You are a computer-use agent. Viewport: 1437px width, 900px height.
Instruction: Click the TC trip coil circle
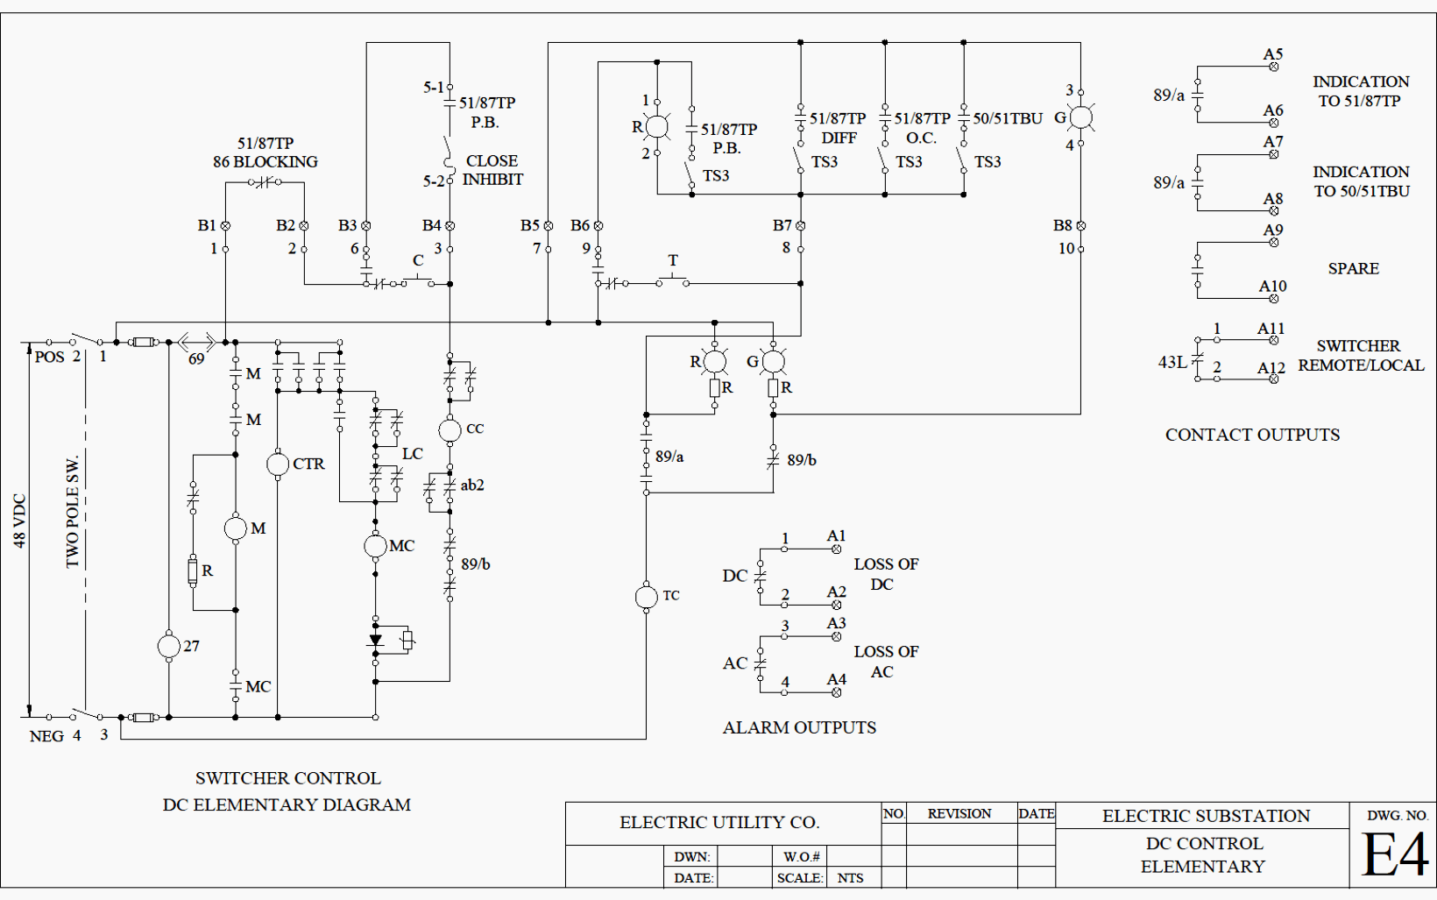646,597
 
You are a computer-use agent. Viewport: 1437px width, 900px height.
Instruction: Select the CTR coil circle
278,464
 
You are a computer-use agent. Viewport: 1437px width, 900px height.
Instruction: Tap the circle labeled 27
168,646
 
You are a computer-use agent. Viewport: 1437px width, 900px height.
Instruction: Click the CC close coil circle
450,430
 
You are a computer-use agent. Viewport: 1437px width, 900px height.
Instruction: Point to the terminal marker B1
225,225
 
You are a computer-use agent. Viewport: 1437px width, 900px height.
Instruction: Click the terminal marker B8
1080,225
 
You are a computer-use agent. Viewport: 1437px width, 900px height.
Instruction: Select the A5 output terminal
1274,67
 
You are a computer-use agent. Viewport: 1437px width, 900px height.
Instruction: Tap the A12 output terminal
1274,379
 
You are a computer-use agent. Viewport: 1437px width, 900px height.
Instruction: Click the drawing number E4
1394,855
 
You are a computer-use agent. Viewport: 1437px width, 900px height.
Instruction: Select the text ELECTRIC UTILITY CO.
719,823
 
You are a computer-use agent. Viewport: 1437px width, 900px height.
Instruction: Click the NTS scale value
850,878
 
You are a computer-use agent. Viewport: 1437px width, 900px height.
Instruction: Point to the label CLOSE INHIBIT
492,170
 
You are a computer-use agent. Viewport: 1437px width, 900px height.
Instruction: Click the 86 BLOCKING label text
265,162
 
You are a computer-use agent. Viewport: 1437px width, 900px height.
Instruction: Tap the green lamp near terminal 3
1080,117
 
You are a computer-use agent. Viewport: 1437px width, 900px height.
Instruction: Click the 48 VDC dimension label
20,521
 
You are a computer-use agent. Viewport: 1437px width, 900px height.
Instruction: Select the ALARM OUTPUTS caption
799,727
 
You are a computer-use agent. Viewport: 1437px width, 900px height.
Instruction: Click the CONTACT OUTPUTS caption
1252,435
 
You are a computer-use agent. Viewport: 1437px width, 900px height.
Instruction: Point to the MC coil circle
375,546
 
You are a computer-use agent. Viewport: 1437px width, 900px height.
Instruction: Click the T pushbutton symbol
673,279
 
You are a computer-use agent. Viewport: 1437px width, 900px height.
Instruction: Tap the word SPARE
1353,269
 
